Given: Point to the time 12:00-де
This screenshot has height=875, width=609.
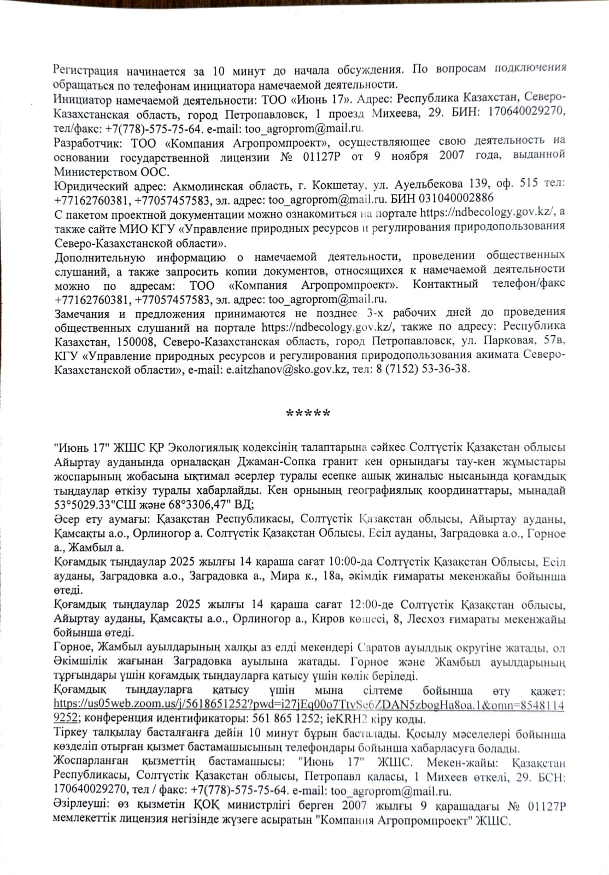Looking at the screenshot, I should point(372,605).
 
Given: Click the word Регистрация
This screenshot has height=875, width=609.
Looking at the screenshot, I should point(85,71).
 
